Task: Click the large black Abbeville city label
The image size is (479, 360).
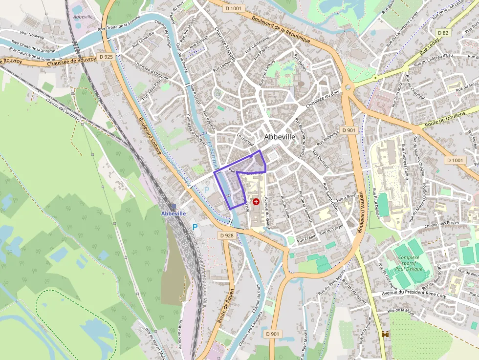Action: (280, 137)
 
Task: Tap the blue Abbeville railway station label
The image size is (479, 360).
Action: (174, 213)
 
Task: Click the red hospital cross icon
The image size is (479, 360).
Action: (256, 201)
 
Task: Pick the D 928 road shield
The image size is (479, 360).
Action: (227, 235)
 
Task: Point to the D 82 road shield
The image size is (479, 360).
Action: (443, 33)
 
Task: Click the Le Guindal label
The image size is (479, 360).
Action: (245, 139)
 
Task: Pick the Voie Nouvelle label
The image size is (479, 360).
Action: (17, 36)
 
